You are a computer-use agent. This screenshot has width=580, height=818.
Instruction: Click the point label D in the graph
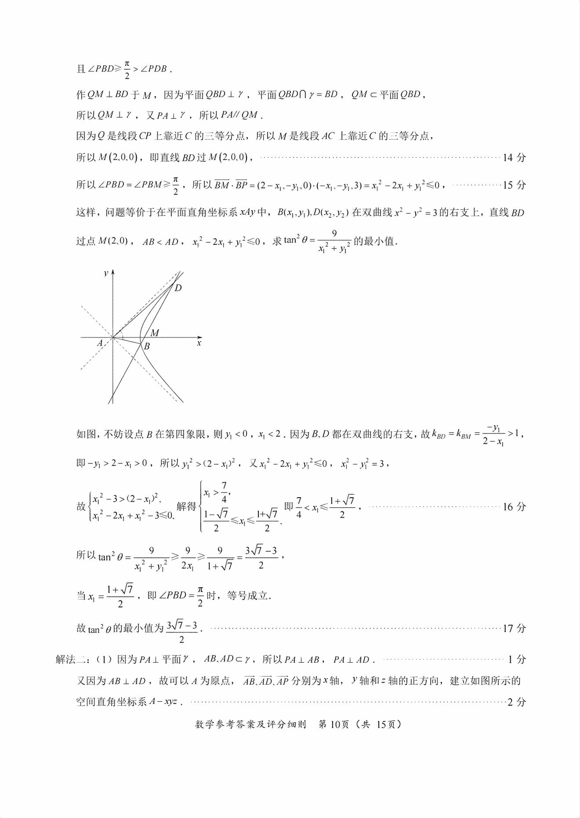pos(178,288)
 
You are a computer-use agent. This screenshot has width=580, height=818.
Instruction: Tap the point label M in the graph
pos(155,333)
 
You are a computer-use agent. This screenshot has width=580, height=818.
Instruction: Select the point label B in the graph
pos(147,346)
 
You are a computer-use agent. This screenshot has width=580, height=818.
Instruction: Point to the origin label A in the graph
pos(100,343)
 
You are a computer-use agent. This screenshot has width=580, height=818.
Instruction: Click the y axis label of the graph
pos(106,273)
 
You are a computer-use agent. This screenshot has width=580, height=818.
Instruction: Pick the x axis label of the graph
pos(199,343)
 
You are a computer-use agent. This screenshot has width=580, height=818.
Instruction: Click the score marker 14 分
pos(514,157)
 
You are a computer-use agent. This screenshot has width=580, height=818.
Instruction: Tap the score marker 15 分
pos(514,185)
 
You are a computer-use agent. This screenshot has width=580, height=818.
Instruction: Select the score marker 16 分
pos(514,507)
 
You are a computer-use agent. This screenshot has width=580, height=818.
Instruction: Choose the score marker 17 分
pos(514,628)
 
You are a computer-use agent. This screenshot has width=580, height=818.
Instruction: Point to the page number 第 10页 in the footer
pos(333,725)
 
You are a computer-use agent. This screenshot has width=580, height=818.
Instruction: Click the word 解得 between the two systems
pos(186,506)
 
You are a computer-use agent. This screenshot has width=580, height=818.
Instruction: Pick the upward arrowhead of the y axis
pos(113,272)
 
